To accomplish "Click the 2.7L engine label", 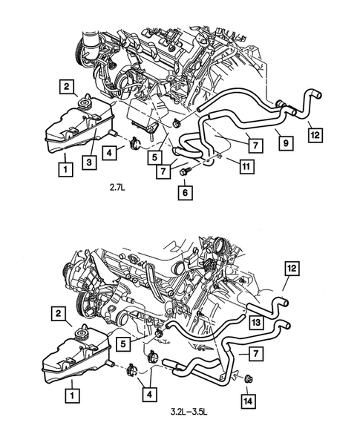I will coord(117,188).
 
